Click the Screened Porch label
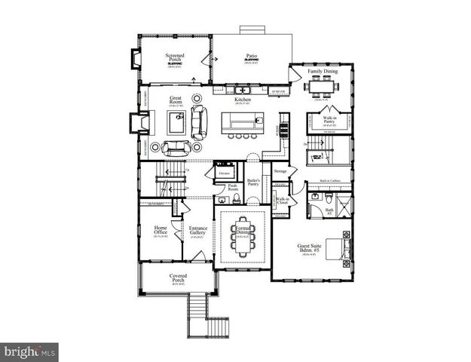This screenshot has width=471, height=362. pyautogui.click(x=175, y=57)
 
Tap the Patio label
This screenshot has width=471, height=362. pyautogui.click(x=252, y=57)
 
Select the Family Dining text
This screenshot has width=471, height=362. pyautogui.click(x=323, y=72)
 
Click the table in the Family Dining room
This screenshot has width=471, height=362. pyautogui.click(x=323, y=87)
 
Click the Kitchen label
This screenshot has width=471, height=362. pyautogui.click(x=242, y=100)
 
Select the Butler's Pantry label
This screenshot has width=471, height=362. pyautogui.click(x=253, y=183)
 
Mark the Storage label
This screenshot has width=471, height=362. pyautogui.click(x=280, y=171)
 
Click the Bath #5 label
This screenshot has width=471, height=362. pyautogui.click(x=330, y=212)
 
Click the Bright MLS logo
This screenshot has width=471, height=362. pyautogui.click(x=29, y=351)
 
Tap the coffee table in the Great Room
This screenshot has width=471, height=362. pyautogui.click(x=177, y=126)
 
